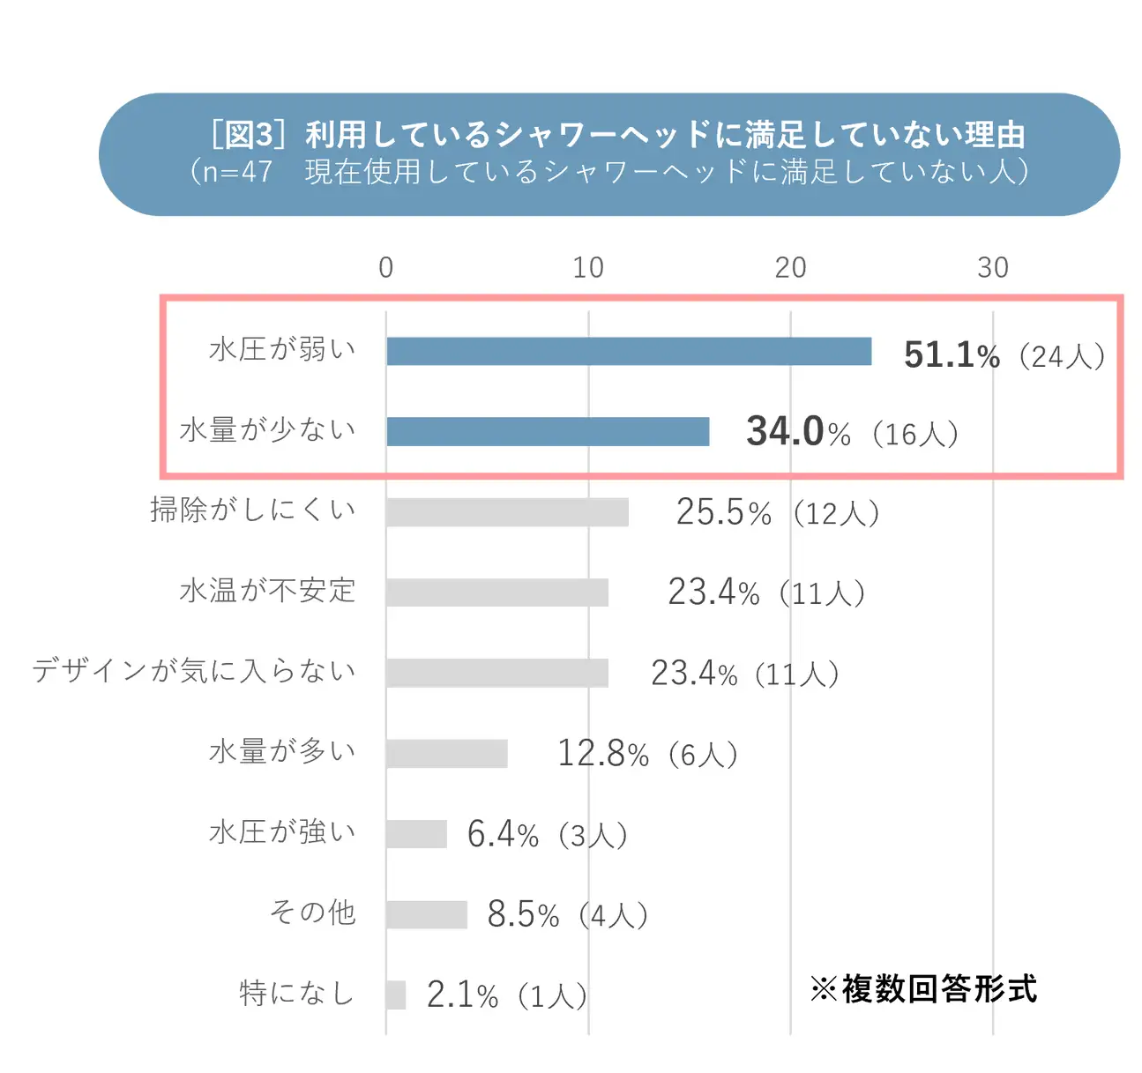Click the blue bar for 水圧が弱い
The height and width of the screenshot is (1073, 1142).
coord(629,351)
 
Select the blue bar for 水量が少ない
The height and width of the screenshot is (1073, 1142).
coord(548,431)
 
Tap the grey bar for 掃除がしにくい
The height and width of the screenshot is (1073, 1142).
coord(507,512)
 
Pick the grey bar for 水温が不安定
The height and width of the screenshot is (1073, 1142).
coord(497,592)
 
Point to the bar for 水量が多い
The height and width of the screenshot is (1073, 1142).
coord(447,754)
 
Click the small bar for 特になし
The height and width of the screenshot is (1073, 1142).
coord(396,995)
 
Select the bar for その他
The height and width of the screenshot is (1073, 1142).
coord(427,914)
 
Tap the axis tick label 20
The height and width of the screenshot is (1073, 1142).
coord(790,268)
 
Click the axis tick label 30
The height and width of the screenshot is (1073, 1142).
coord(992,268)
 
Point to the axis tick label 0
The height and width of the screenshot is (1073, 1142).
coord(386,268)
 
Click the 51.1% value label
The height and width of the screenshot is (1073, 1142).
coord(952,355)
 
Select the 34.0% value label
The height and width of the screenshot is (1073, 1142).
coord(798,432)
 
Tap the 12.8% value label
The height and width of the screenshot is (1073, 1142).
coord(603,754)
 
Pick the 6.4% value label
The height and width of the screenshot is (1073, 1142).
coord(503,834)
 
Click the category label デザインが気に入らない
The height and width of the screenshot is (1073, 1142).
coord(194,671)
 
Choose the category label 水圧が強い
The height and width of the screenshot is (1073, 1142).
coord(282,831)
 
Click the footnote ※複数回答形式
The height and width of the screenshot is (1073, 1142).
coord(923,989)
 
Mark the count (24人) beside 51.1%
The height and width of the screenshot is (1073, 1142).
coord(1062,356)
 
